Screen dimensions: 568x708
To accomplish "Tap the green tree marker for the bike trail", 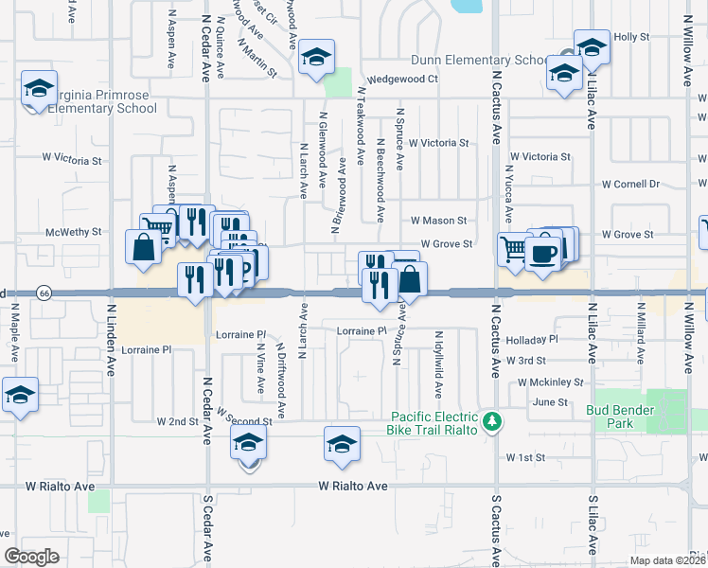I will click(x=491, y=419).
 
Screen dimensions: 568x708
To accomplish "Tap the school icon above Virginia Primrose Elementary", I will click(x=39, y=89).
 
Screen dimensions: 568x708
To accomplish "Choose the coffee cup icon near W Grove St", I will click(x=543, y=254).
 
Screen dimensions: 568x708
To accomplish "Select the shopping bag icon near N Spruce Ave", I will click(x=411, y=280).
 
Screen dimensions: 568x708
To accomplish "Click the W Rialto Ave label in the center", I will click(x=353, y=486).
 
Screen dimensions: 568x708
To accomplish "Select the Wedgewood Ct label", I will click(x=403, y=80).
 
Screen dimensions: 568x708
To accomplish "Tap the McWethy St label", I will click(x=73, y=232).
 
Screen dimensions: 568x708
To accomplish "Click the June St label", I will click(x=549, y=402).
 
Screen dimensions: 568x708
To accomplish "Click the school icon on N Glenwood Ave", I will click(x=317, y=58).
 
